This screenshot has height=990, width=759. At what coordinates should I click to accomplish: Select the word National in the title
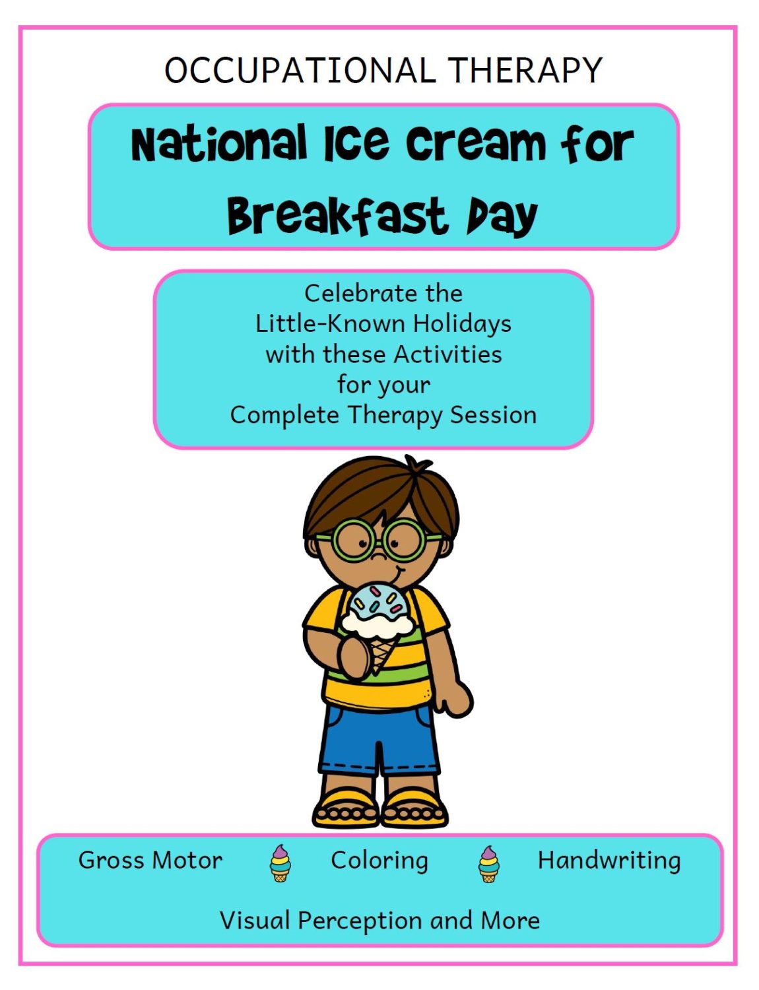pos(219,144)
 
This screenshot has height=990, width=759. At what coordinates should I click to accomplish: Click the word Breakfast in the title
pos(337,216)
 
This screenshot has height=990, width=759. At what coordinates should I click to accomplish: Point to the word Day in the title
pos(502,216)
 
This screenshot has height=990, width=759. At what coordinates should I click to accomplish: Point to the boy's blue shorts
pos(379,736)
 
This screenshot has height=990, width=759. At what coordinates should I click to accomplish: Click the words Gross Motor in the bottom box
pos(150,860)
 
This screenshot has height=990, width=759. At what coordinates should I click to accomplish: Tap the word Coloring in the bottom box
pos(379,861)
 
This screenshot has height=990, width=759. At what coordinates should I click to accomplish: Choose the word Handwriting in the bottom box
pos(609,861)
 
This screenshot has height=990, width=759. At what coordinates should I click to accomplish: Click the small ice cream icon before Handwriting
pos(489,864)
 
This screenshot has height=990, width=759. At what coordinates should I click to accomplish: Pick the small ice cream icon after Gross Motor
pos(280,864)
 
